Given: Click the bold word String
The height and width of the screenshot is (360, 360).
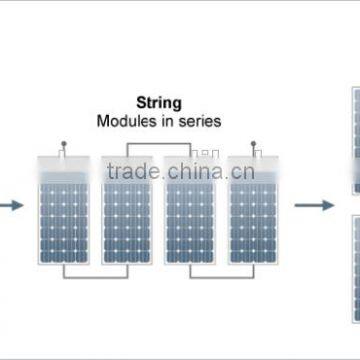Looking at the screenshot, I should pos(158,101).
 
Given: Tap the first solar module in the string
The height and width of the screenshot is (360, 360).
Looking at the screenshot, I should pos(64,210).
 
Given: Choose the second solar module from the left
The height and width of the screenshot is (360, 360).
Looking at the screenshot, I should pos(127,210).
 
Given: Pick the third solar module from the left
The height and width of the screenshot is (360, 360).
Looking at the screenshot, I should pos(190,210).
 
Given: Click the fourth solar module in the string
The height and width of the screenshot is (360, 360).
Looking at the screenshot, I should pos(253,210).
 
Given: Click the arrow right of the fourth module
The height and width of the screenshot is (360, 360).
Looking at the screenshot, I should pos(314,205).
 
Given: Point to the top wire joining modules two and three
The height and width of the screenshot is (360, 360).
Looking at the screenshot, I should pos(158,144).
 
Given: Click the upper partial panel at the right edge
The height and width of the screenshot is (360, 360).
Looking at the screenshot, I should pos(355,140).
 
